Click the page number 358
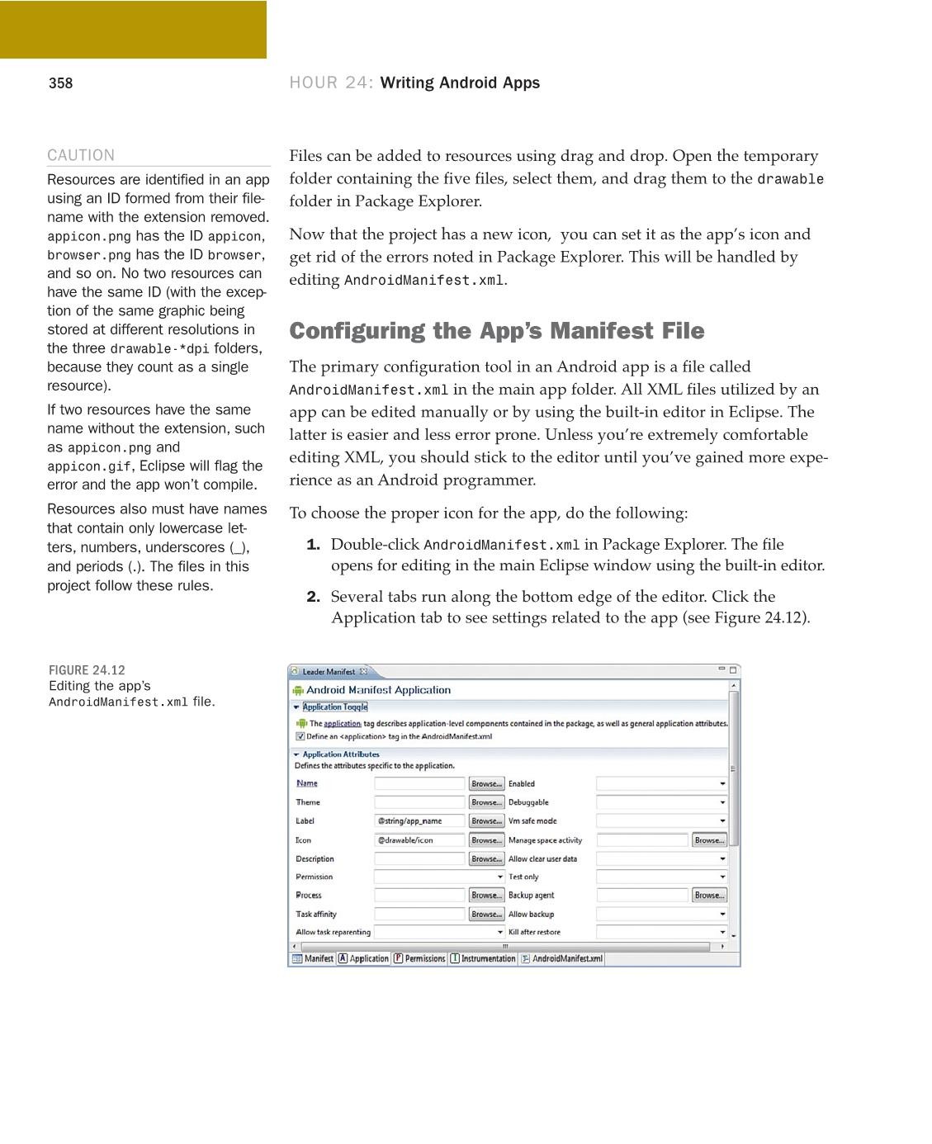coord(60,83)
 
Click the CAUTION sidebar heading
coord(81,155)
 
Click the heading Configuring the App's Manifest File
coord(496,331)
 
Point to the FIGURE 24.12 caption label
coord(87,670)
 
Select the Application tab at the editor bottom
coord(363,958)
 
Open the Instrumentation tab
coord(483,958)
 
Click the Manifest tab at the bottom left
coord(313,958)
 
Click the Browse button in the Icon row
coord(486,840)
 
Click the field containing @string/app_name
coord(419,821)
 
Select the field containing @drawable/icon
coord(419,840)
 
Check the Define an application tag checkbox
coord(300,736)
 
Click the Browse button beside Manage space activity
coord(709,840)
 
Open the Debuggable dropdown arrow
coord(722,802)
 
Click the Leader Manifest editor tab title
coord(328,672)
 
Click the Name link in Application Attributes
coord(306,783)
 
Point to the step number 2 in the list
coord(313,597)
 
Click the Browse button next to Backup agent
coord(709,895)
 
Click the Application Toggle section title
coord(334,707)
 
